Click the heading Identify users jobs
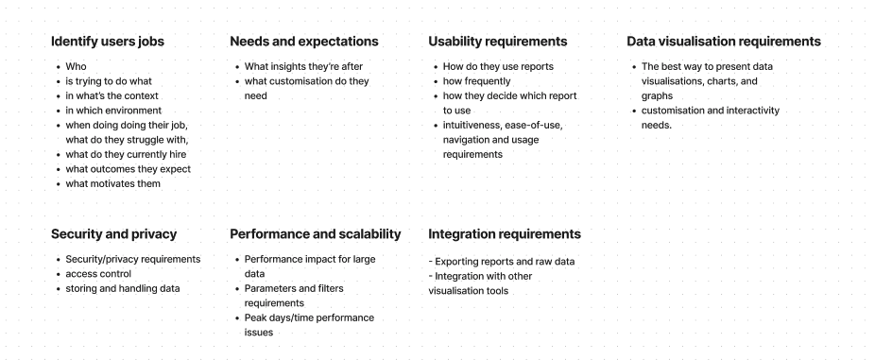coord(108,42)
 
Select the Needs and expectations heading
coord(304,42)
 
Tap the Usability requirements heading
coord(498,42)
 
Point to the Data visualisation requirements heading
coord(724,42)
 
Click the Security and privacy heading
coord(113,234)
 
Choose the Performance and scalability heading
coord(316,234)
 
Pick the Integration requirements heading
coord(505,234)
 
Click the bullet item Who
coord(76,66)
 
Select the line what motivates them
coord(113,183)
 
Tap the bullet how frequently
coord(476,81)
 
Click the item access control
coord(99,274)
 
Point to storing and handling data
coord(123,288)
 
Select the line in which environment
coord(113,111)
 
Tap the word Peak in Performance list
coord(255,317)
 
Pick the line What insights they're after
coord(303,66)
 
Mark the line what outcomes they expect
coord(129,169)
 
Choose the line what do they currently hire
coord(126,155)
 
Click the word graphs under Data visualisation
coord(658,96)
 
